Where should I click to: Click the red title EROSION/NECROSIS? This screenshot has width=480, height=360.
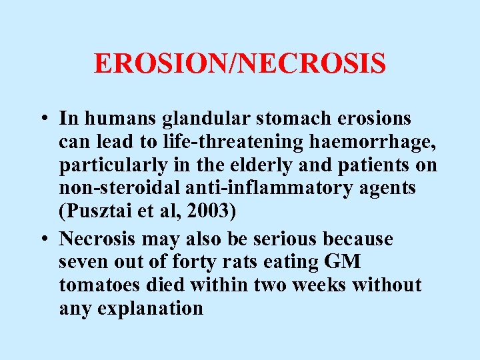pyautogui.click(x=240, y=64)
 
